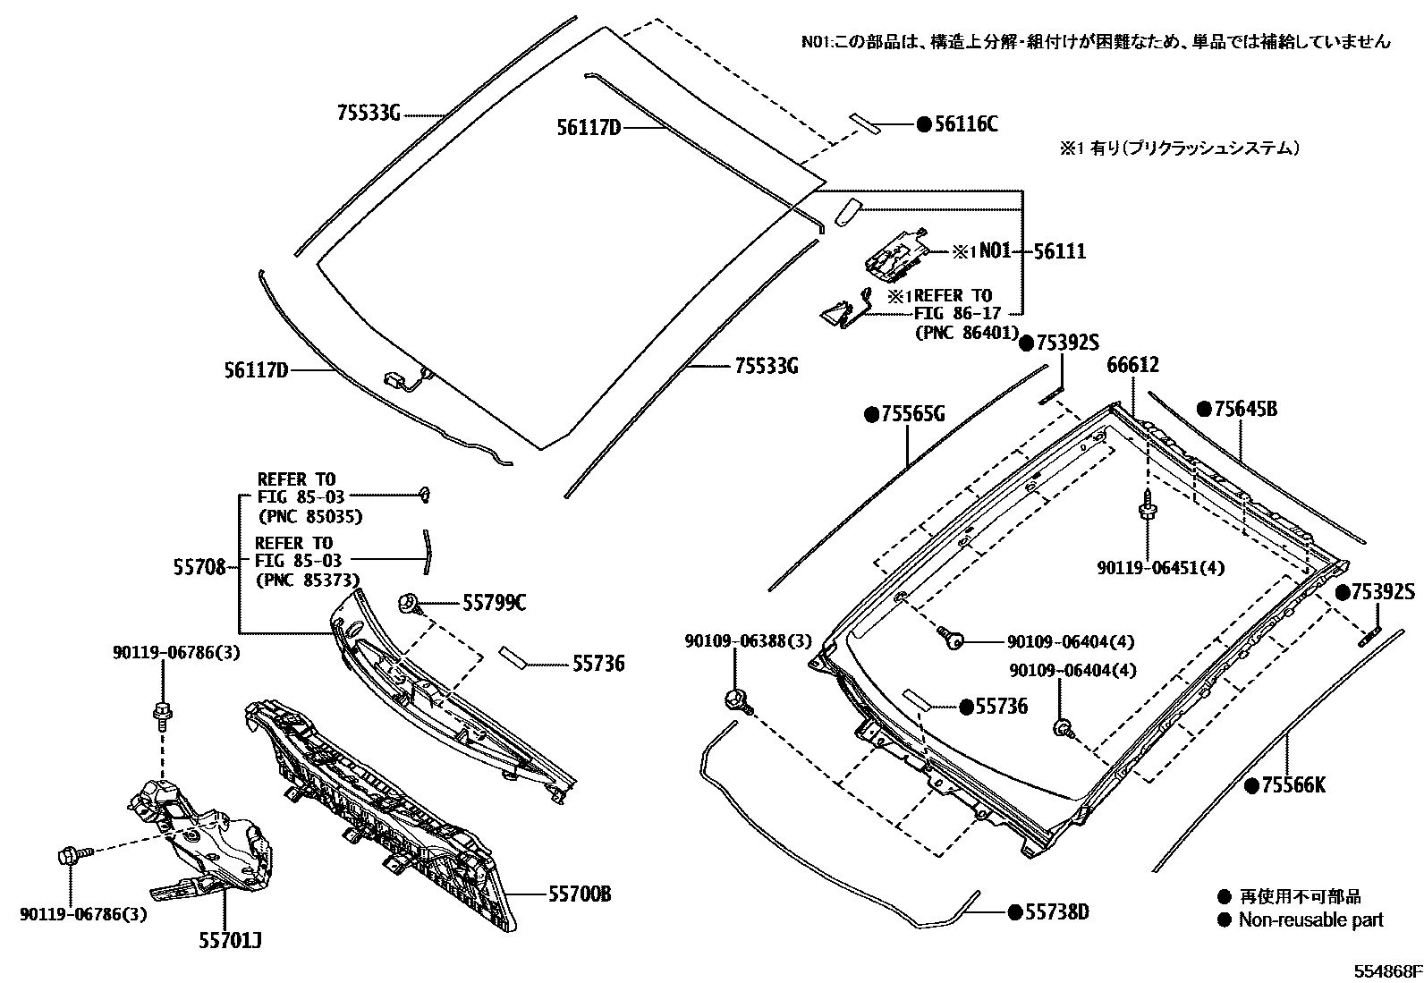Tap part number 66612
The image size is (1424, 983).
pyautogui.click(x=1132, y=366)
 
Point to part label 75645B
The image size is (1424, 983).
pyautogui.click(x=1245, y=410)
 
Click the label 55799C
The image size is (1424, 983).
pyautogui.click(x=494, y=604)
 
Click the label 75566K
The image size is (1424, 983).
pyautogui.click(x=1293, y=786)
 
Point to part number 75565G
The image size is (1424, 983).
pyautogui.click(x=912, y=414)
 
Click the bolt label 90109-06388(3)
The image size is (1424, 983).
pyautogui.click(x=748, y=641)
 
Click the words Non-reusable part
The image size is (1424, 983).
pyautogui.click(x=1310, y=919)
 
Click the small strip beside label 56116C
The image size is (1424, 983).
pyautogui.click(x=865, y=123)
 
